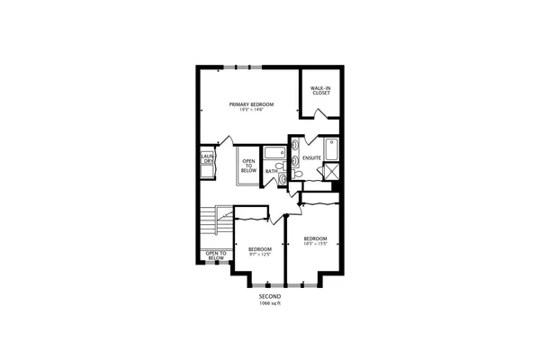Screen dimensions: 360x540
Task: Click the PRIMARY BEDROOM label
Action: (250, 105)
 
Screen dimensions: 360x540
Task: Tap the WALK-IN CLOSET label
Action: (320, 90)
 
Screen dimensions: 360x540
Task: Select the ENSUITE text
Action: (312, 157)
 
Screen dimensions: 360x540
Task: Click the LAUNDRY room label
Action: (206, 165)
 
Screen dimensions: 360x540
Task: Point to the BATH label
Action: (271, 171)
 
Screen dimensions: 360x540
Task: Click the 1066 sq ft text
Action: (270, 304)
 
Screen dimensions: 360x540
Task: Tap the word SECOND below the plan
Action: (270, 296)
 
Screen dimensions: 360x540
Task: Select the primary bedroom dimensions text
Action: (250, 112)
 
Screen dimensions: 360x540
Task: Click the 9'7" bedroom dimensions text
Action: (260, 255)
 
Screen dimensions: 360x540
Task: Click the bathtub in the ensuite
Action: (330, 148)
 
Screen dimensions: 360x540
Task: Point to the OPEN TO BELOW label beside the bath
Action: (248, 166)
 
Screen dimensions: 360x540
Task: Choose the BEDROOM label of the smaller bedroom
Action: (260, 248)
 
